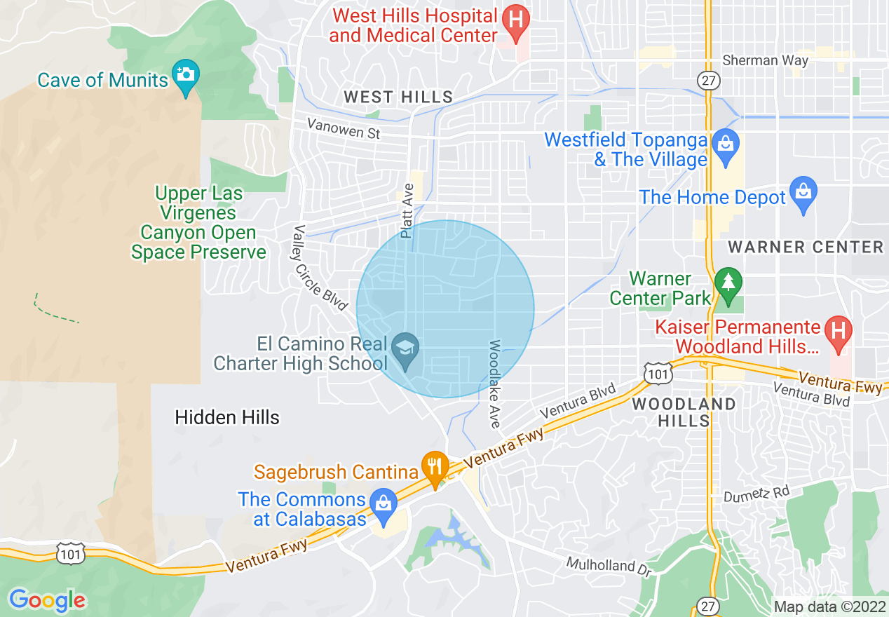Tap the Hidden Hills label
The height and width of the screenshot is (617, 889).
[227, 417]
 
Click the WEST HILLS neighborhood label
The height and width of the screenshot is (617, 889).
[398, 97]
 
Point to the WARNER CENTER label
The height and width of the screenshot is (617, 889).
[806, 247]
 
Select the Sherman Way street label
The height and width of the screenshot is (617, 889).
[765, 60]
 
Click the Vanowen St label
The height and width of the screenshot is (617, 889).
[344, 128]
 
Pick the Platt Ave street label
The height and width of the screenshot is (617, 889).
[407, 210]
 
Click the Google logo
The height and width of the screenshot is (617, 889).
[48, 599]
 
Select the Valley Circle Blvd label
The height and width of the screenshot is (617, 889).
[319, 268]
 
